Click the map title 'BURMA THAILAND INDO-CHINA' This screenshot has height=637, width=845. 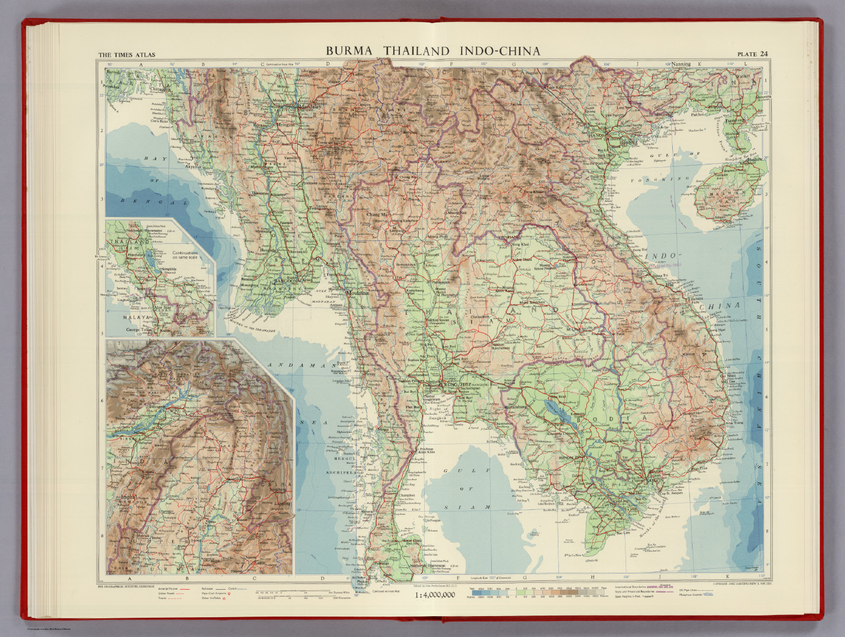432,51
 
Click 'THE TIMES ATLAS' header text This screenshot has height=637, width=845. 127,54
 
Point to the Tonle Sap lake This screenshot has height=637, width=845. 552,409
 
